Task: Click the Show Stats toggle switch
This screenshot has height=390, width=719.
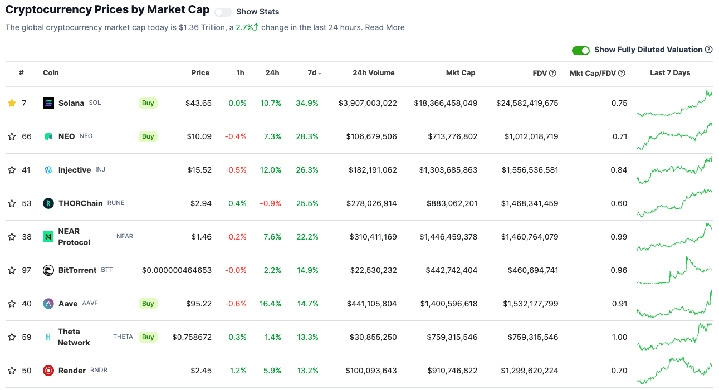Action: (223, 12)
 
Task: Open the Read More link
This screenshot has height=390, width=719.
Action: (385, 27)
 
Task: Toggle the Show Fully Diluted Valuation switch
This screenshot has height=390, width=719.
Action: (581, 50)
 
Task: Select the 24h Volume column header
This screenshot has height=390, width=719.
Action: (373, 72)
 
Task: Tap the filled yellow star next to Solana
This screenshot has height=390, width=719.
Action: (12, 103)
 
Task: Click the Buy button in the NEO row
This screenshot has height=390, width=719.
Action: (148, 136)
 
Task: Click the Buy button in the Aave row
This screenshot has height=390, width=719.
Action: (148, 304)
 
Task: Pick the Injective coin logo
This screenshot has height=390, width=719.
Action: (48, 170)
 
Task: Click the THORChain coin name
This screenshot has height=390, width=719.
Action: (80, 203)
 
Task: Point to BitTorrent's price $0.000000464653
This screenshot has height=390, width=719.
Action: (177, 270)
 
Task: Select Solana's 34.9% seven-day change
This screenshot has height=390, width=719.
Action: (307, 103)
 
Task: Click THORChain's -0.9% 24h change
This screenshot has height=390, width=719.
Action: (271, 203)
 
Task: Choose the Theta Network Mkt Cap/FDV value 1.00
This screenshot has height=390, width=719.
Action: (619, 337)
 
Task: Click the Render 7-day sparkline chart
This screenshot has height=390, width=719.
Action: (674, 370)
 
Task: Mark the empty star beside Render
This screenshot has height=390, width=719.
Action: (12, 370)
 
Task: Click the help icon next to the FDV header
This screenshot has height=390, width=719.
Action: (552, 73)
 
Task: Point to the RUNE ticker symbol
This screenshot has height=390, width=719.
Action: (116, 203)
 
